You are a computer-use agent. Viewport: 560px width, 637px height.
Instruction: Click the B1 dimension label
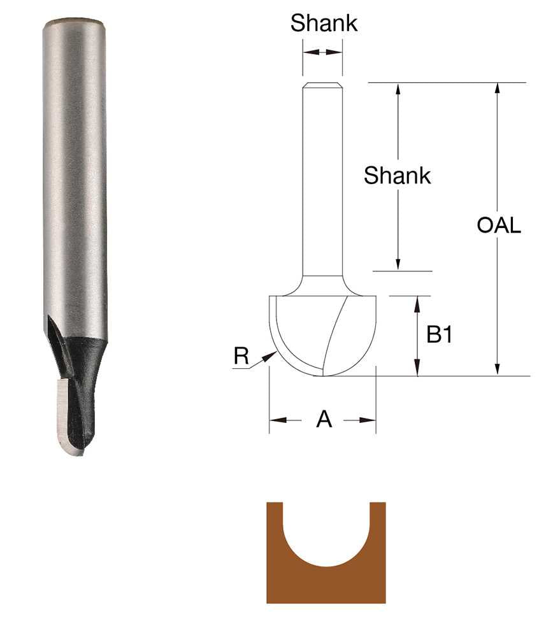point(439,334)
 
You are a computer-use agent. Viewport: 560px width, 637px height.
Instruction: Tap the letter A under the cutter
point(324,420)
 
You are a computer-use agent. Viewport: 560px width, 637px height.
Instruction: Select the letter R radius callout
point(241,356)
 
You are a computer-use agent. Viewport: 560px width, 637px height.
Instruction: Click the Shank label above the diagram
point(324,24)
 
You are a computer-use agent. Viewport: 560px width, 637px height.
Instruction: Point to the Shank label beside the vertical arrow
point(397,175)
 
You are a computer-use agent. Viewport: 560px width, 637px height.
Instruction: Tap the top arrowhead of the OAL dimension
point(497,89)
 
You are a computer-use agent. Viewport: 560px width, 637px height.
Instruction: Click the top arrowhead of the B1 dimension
point(418,303)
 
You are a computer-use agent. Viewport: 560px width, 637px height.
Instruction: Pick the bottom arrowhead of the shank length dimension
point(398,264)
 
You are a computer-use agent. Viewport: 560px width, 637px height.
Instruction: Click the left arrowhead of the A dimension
point(275,420)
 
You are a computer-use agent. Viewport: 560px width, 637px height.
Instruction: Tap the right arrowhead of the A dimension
point(370,420)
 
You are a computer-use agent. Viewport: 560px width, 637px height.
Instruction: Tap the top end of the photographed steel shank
point(74,27)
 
